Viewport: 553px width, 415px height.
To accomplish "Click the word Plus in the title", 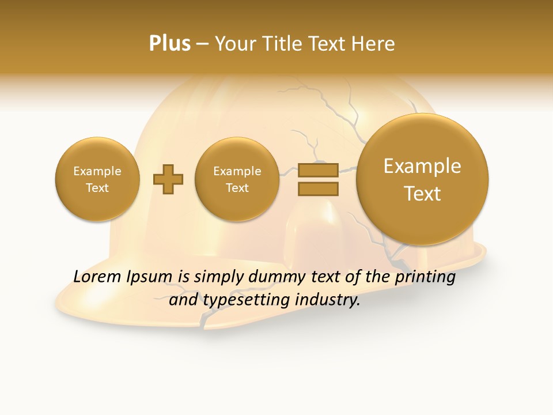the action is pos(169,44).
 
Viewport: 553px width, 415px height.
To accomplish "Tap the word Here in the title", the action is pos(374,44).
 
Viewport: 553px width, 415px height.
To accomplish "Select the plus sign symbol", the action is pos(168,179).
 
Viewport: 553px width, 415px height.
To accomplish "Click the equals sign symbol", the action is pos(317,179).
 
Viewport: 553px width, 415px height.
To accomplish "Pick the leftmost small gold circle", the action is pos(97,179).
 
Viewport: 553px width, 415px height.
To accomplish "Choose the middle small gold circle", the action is pos(237,179).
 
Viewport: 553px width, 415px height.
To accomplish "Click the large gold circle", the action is pos(422,179).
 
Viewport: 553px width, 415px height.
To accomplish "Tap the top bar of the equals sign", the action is pos(317,170).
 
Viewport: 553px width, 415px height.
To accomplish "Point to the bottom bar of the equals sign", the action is pos(317,188).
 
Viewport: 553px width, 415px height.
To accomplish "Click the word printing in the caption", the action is pos(426,277).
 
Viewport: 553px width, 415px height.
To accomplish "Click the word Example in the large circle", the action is pos(422,166).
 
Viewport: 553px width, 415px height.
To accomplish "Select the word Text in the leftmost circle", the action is pos(97,188).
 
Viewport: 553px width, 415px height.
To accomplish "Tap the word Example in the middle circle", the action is pos(237,171).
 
